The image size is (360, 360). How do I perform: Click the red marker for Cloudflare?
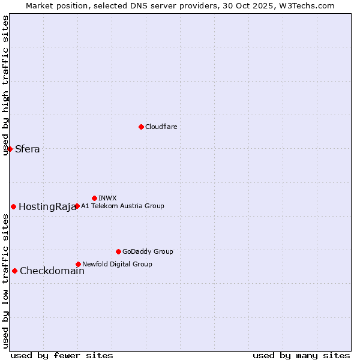coord(141,127)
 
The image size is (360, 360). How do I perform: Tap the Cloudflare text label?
coord(161,127)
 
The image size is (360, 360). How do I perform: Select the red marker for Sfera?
coord(10,149)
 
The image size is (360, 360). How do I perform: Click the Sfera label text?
coord(28,149)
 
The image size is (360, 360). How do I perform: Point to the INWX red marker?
coord(94,198)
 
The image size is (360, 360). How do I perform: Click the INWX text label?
coord(107,198)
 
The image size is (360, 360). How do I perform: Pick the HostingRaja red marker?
coord(13,206)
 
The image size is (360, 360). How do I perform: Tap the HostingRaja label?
coord(47,207)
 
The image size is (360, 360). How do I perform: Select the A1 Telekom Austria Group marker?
coord(77,206)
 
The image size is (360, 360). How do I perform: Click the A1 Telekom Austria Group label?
coord(122,206)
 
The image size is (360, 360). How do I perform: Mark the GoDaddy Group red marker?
coord(118,251)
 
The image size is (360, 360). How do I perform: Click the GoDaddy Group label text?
coord(148,252)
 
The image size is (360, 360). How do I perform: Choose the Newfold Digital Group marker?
coord(78,264)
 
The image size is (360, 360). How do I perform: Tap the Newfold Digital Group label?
coord(117,264)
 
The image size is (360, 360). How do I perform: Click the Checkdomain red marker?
coord(14,271)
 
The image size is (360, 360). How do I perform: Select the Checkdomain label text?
coord(52,271)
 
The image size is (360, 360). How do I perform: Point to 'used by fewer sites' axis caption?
coord(62,355)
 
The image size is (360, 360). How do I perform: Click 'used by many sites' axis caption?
coord(301,355)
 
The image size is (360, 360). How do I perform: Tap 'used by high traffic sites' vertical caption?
coord(5,85)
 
